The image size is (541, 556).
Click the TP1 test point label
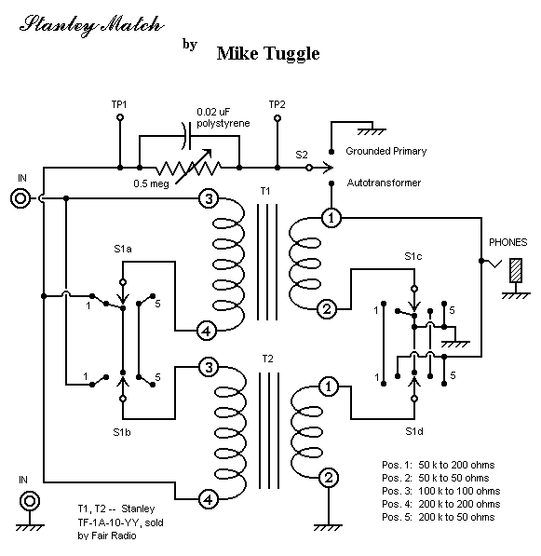coord(119,104)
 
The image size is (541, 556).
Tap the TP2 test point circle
coord(277,118)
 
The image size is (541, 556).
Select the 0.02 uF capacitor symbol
coord(186,136)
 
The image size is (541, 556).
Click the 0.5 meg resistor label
coord(151,183)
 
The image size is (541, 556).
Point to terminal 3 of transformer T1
coord(209,198)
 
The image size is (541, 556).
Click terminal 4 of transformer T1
coord(207,332)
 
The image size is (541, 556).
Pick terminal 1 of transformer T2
coord(329,386)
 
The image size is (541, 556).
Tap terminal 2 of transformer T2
coord(329,478)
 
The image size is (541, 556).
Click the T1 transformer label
coord(265,192)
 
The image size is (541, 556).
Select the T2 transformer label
coord(267,359)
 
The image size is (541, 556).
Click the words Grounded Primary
coord(386,151)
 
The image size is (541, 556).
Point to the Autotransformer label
coord(384,183)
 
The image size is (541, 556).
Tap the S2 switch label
coord(302,155)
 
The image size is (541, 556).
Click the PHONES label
coord(508,242)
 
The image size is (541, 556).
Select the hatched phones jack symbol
coord(516,270)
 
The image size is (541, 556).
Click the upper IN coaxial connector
coord(20,198)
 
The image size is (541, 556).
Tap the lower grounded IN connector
coord(30,501)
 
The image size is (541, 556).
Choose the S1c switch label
coord(413,256)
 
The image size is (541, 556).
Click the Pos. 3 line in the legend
coord(441,491)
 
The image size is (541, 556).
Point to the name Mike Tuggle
coord(268,54)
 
